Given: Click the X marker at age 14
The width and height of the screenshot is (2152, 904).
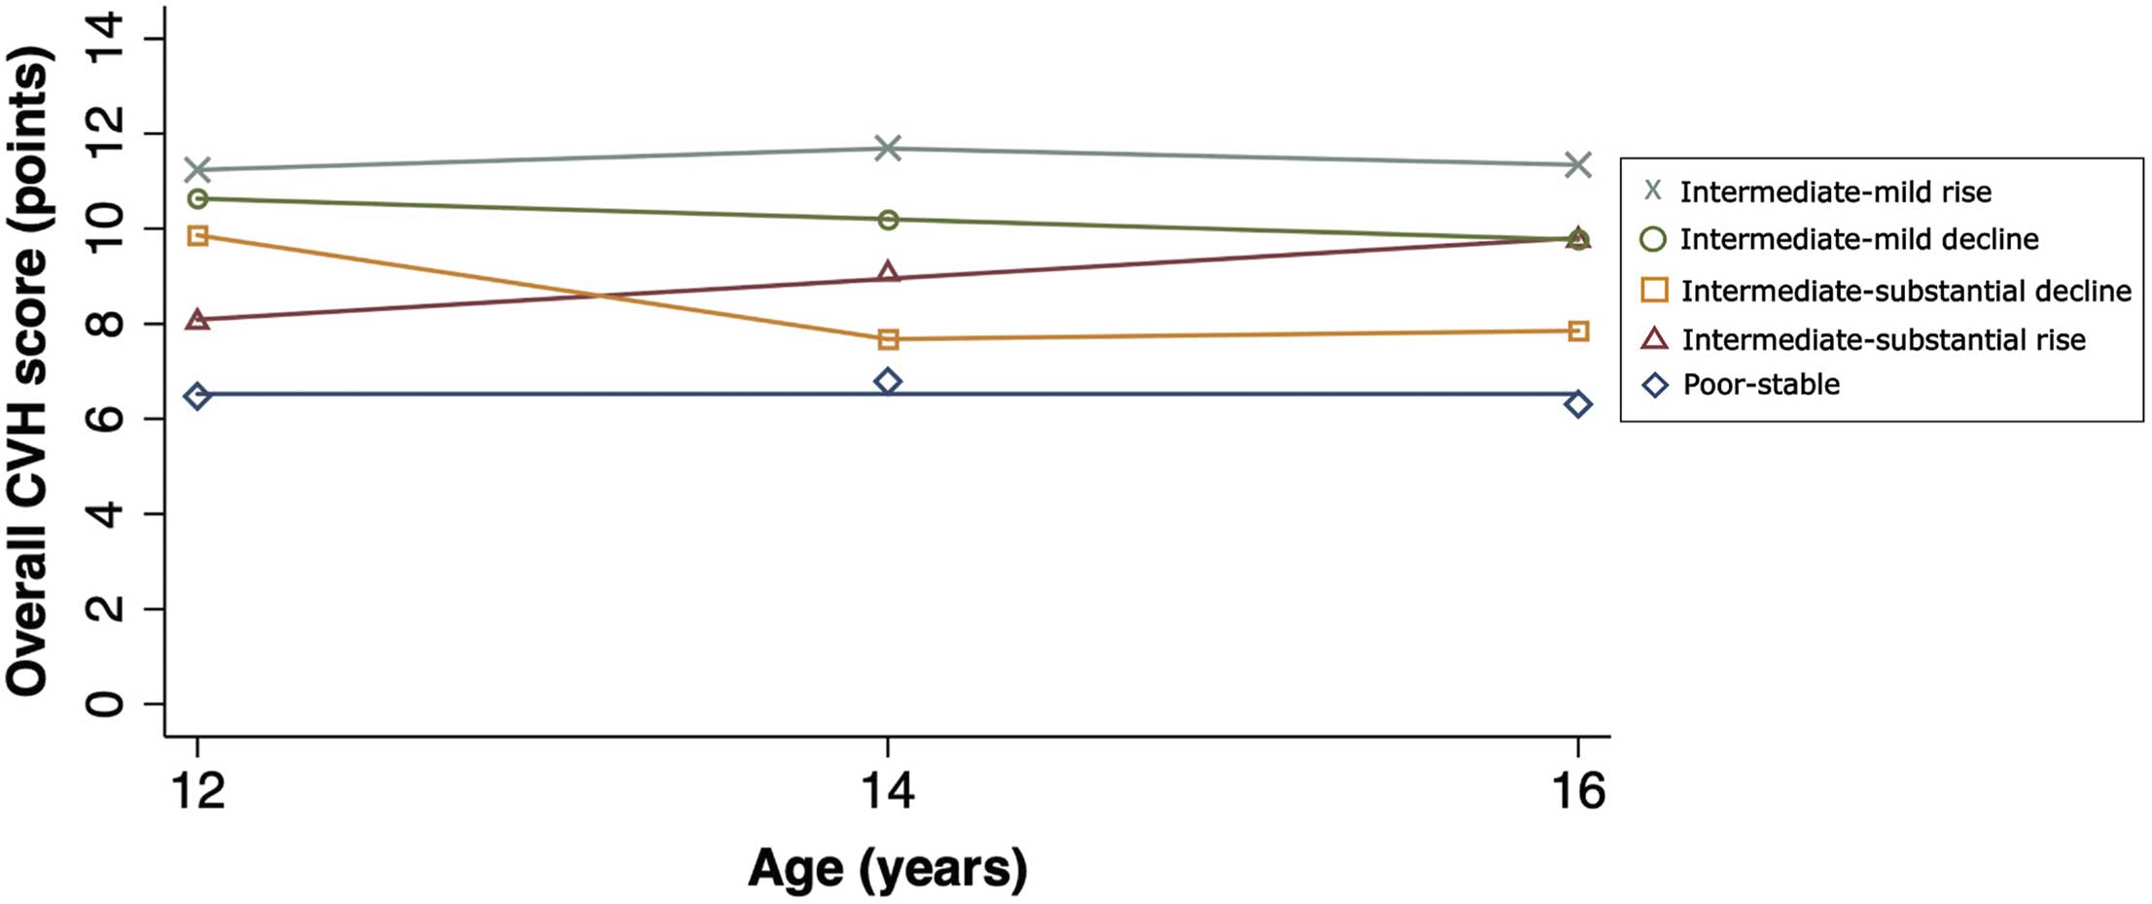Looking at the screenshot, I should pos(887,149).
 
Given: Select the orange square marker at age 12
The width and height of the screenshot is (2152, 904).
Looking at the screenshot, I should pos(197,235).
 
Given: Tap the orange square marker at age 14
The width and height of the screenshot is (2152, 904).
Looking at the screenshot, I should pos(887,339).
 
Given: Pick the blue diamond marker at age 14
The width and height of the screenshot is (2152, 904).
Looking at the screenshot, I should pos(887,381).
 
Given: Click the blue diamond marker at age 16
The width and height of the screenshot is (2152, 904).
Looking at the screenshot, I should pos(1578,403).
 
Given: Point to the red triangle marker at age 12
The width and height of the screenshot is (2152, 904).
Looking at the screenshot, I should pos(197,319).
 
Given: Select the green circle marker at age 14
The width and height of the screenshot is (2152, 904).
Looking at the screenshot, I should pos(887,220).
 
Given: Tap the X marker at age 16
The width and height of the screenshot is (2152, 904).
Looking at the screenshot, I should pos(1578,164).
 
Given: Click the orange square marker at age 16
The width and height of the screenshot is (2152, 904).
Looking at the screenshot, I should pos(1578,331).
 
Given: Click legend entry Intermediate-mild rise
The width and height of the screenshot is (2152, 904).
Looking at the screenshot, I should pos(1834,192).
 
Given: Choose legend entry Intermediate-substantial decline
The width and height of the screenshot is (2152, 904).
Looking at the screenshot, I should pos(1905,291).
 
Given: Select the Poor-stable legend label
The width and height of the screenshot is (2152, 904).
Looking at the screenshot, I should pos(1760,385).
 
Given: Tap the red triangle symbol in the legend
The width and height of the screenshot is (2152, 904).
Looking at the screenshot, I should pos(1653,338).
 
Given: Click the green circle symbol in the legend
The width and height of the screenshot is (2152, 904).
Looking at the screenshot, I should pos(1653,239).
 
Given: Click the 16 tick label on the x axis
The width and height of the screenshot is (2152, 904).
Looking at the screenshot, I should pos(1577,790).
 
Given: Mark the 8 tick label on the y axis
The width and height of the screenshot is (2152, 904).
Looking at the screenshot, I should pos(105,324).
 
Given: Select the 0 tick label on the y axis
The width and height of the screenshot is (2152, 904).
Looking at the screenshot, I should pos(105,703).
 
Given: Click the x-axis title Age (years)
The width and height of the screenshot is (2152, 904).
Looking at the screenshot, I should pos(887,868).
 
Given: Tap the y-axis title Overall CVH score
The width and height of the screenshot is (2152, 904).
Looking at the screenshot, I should pos(29,369).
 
